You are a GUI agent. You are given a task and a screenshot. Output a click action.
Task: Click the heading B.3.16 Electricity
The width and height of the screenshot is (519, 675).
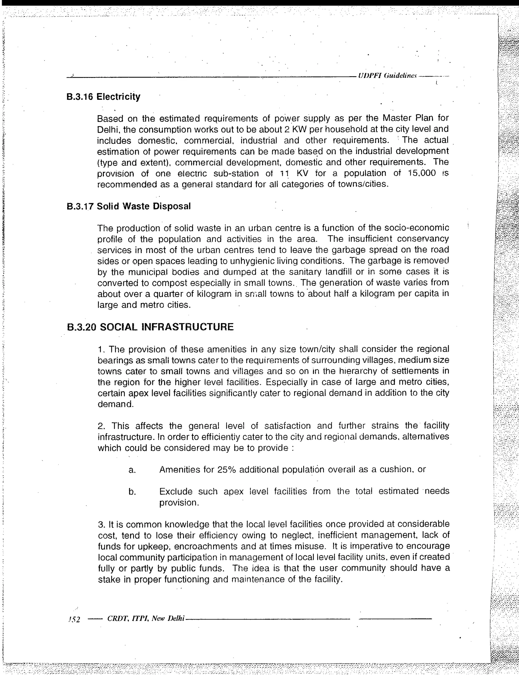(103, 97)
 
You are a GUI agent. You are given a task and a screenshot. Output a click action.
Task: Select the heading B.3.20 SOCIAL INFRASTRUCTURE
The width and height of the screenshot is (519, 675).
(150, 327)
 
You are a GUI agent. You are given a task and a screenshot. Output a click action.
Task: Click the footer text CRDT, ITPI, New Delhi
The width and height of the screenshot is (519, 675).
(145, 619)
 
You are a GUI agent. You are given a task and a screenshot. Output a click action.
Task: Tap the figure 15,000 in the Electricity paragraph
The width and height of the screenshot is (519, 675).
(421, 173)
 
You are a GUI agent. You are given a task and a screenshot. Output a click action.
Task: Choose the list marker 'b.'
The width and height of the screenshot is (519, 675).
(132, 492)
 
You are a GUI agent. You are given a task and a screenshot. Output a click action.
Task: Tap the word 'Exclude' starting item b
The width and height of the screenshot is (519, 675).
(176, 491)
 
